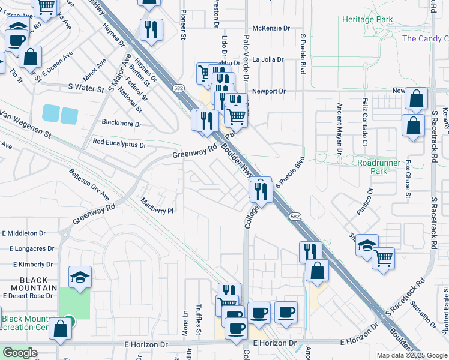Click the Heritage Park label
point(367,19)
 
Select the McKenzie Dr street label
point(271,28)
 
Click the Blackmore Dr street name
point(122,124)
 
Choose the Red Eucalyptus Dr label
point(119,144)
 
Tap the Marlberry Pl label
point(157,206)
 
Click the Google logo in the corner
point(20,353)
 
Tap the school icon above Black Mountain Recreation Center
point(80,277)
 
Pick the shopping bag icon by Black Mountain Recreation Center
point(60,329)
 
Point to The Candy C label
point(425,38)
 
